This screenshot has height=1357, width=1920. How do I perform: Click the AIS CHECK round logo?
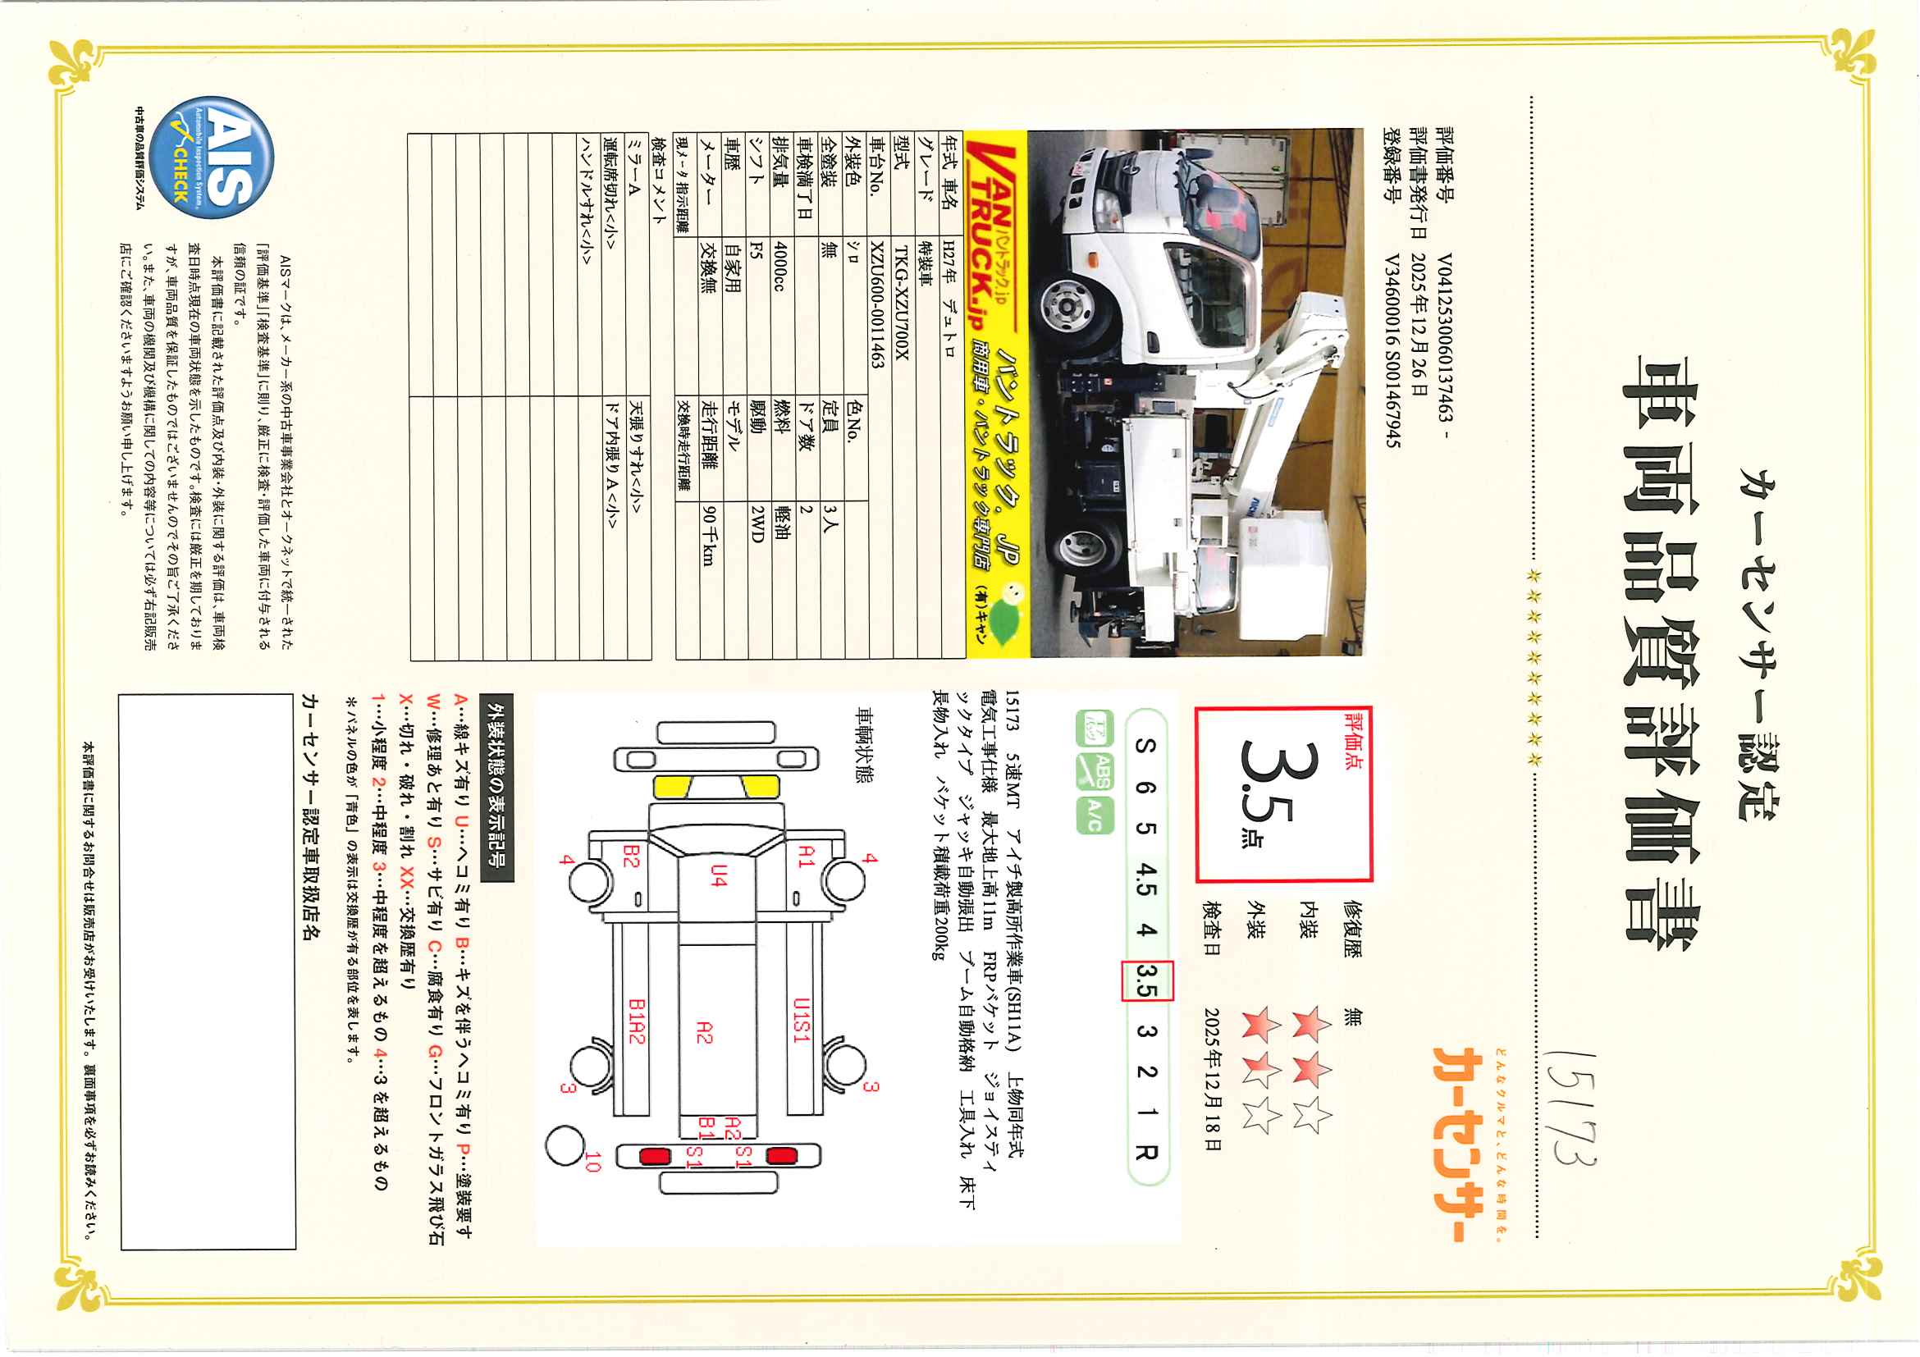221,158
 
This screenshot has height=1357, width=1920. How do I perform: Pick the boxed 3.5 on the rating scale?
1146,980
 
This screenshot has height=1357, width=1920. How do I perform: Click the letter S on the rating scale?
1146,746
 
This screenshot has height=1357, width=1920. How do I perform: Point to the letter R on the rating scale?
1146,1151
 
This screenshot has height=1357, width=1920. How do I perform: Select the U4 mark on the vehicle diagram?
719,875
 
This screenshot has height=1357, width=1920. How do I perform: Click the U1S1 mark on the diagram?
801,1020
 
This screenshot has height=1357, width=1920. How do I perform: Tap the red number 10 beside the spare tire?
593,1162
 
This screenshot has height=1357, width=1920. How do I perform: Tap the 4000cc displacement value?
779,267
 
